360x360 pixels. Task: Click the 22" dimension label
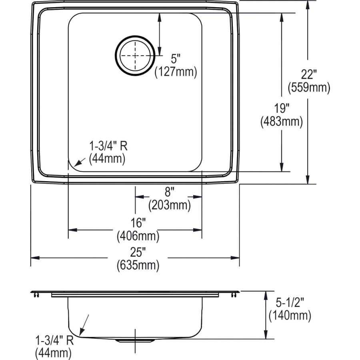(309, 74)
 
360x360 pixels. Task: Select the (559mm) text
(309, 87)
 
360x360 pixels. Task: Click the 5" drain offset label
(176, 59)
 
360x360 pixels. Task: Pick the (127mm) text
(176, 72)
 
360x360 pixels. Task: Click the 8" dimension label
(168, 192)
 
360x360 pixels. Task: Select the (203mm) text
(169, 206)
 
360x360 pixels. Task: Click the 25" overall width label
(138, 252)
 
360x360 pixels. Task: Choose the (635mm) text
(138, 265)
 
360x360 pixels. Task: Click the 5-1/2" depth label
(289, 303)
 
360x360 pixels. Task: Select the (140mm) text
(290, 316)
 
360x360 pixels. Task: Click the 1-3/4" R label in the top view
(108, 146)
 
